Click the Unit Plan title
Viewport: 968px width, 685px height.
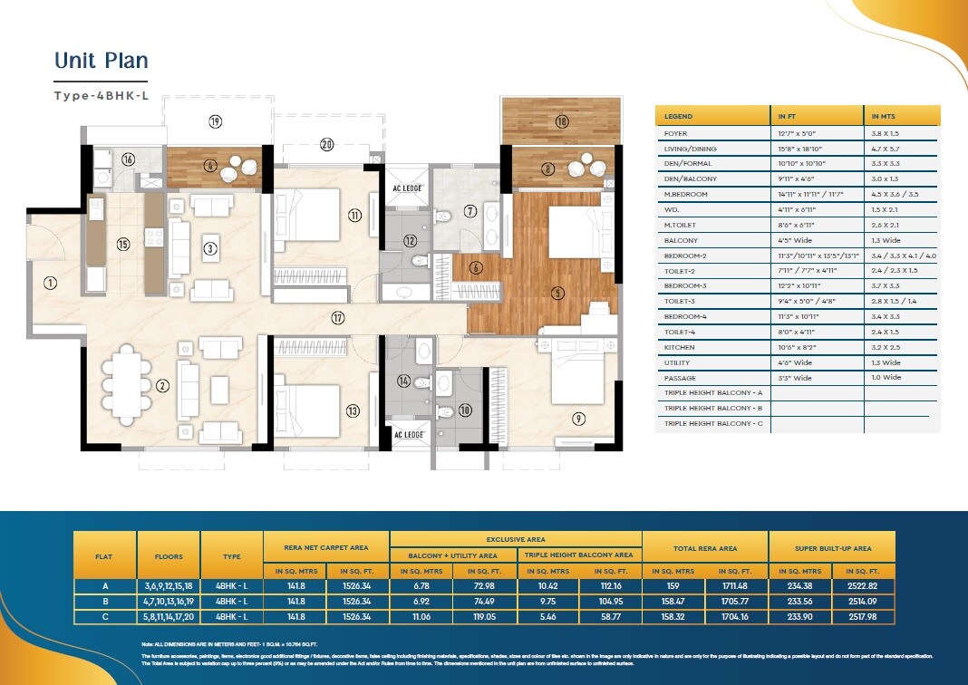click(x=101, y=61)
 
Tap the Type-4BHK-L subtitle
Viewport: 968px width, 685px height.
click(x=101, y=95)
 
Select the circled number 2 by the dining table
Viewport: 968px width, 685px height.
click(x=162, y=386)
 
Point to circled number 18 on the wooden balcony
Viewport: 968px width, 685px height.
click(x=562, y=121)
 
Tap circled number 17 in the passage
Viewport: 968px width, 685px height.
click(x=338, y=318)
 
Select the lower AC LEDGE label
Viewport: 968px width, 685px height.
click(x=407, y=435)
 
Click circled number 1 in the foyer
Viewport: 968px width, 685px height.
click(x=50, y=283)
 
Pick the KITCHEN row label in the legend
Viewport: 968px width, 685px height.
click(x=680, y=347)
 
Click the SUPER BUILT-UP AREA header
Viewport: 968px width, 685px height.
click(x=831, y=548)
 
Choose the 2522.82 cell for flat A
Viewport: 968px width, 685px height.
click(x=863, y=586)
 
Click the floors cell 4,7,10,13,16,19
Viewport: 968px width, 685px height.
click(x=169, y=601)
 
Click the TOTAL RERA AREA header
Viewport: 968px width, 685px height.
click(x=705, y=548)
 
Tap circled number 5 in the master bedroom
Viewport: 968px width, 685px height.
click(x=558, y=293)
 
